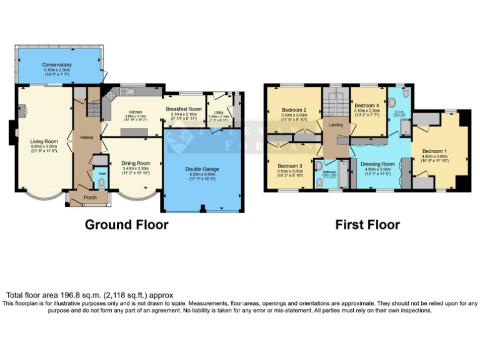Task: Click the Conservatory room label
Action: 57,65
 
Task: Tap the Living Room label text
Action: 44,141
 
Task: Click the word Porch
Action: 89,199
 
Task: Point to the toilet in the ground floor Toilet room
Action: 102,183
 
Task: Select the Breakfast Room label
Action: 184,108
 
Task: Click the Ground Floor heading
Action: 127,224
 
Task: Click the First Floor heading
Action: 367,224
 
